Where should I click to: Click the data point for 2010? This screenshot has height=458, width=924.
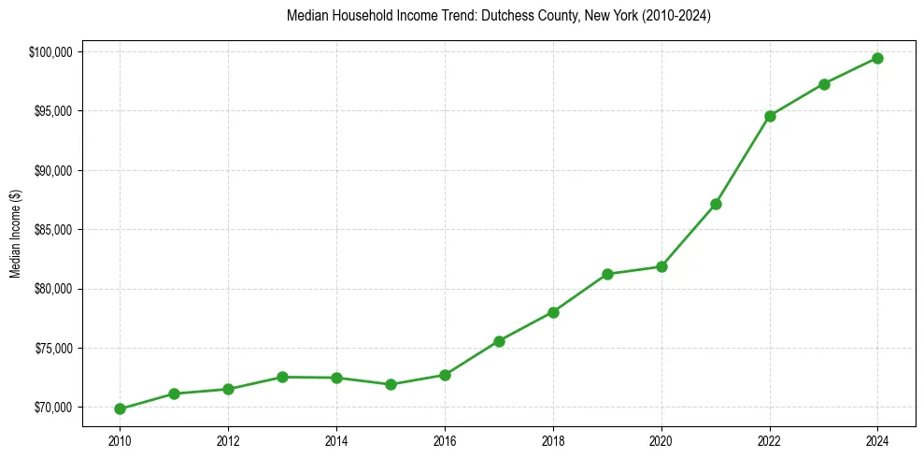(120, 408)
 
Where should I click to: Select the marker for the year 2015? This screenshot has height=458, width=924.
(391, 384)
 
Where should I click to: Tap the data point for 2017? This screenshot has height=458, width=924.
(499, 341)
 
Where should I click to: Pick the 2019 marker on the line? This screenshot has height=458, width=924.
(607, 274)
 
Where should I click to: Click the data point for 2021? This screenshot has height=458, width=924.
(716, 204)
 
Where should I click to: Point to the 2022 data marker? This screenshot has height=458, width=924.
(770, 116)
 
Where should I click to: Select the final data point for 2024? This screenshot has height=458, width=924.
(878, 58)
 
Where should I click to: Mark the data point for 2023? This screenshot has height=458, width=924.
(824, 84)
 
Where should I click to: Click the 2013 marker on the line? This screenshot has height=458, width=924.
(282, 377)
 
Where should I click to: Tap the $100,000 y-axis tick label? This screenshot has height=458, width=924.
(52, 52)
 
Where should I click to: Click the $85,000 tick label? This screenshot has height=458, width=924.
(54, 230)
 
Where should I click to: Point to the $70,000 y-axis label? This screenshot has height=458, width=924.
(54, 408)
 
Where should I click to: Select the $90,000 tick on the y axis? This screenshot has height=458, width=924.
(54, 171)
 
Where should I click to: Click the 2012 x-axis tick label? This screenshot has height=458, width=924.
(228, 441)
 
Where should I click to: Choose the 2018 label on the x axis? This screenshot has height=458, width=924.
(553, 441)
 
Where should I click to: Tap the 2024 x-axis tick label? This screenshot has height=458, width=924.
(878, 441)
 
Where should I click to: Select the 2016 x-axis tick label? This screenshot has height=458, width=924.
(445, 441)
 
